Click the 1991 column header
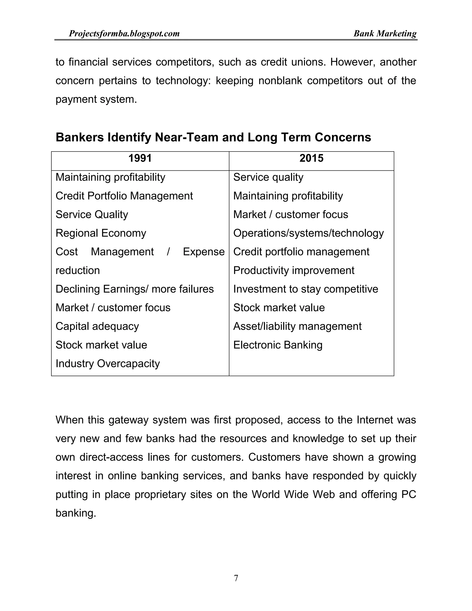(140, 158)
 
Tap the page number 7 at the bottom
(236, 578)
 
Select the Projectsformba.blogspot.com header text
(124, 34)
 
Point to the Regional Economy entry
(101, 233)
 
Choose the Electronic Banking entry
(278, 345)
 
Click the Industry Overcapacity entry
(108, 364)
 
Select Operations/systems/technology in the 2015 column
(308, 233)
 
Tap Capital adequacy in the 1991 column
(97, 326)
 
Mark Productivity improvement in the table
(294, 270)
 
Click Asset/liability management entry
(297, 326)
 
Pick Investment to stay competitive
(306, 289)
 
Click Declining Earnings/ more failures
(135, 289)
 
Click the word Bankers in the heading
(80, 137)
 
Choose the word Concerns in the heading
(343, 137)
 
